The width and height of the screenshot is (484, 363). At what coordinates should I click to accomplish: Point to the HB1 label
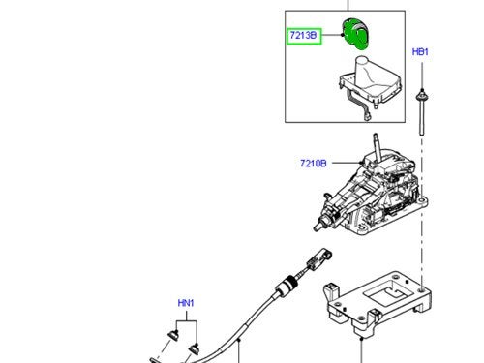[421, 51]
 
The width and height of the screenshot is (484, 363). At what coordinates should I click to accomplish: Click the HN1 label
[186, 304]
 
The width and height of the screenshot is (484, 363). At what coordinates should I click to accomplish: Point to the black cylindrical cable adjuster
[286, 288]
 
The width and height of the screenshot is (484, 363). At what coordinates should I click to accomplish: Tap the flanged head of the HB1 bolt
[422, 95]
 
